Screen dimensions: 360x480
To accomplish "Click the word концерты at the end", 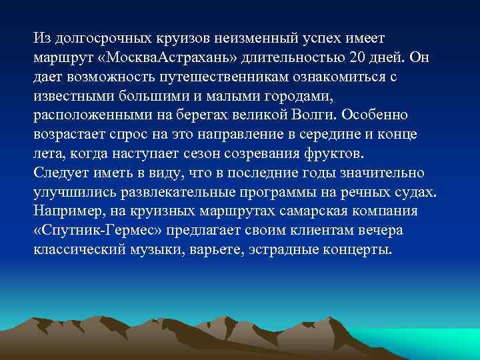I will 361,251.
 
